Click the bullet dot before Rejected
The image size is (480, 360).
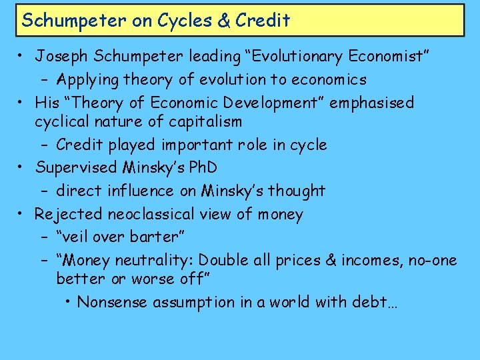[22, 213]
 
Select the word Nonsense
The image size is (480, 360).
[113, 302]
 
